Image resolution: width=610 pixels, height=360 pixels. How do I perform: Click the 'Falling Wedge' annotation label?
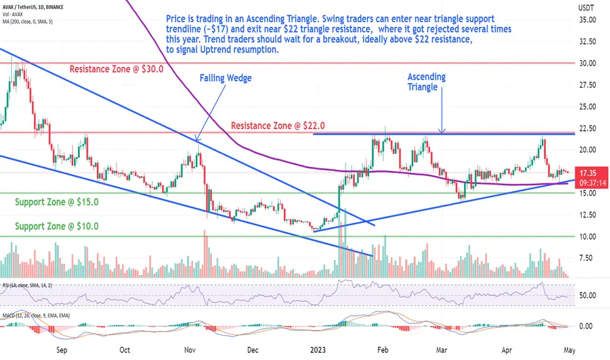226,78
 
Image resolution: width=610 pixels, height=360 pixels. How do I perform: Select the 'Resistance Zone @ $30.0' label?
117,69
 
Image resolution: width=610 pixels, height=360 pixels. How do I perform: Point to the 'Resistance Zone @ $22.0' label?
278,125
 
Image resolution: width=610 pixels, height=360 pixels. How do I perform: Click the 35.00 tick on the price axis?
586,20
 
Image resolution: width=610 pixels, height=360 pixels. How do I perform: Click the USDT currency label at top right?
586,7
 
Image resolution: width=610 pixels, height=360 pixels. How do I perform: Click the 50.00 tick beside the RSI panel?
586,295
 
